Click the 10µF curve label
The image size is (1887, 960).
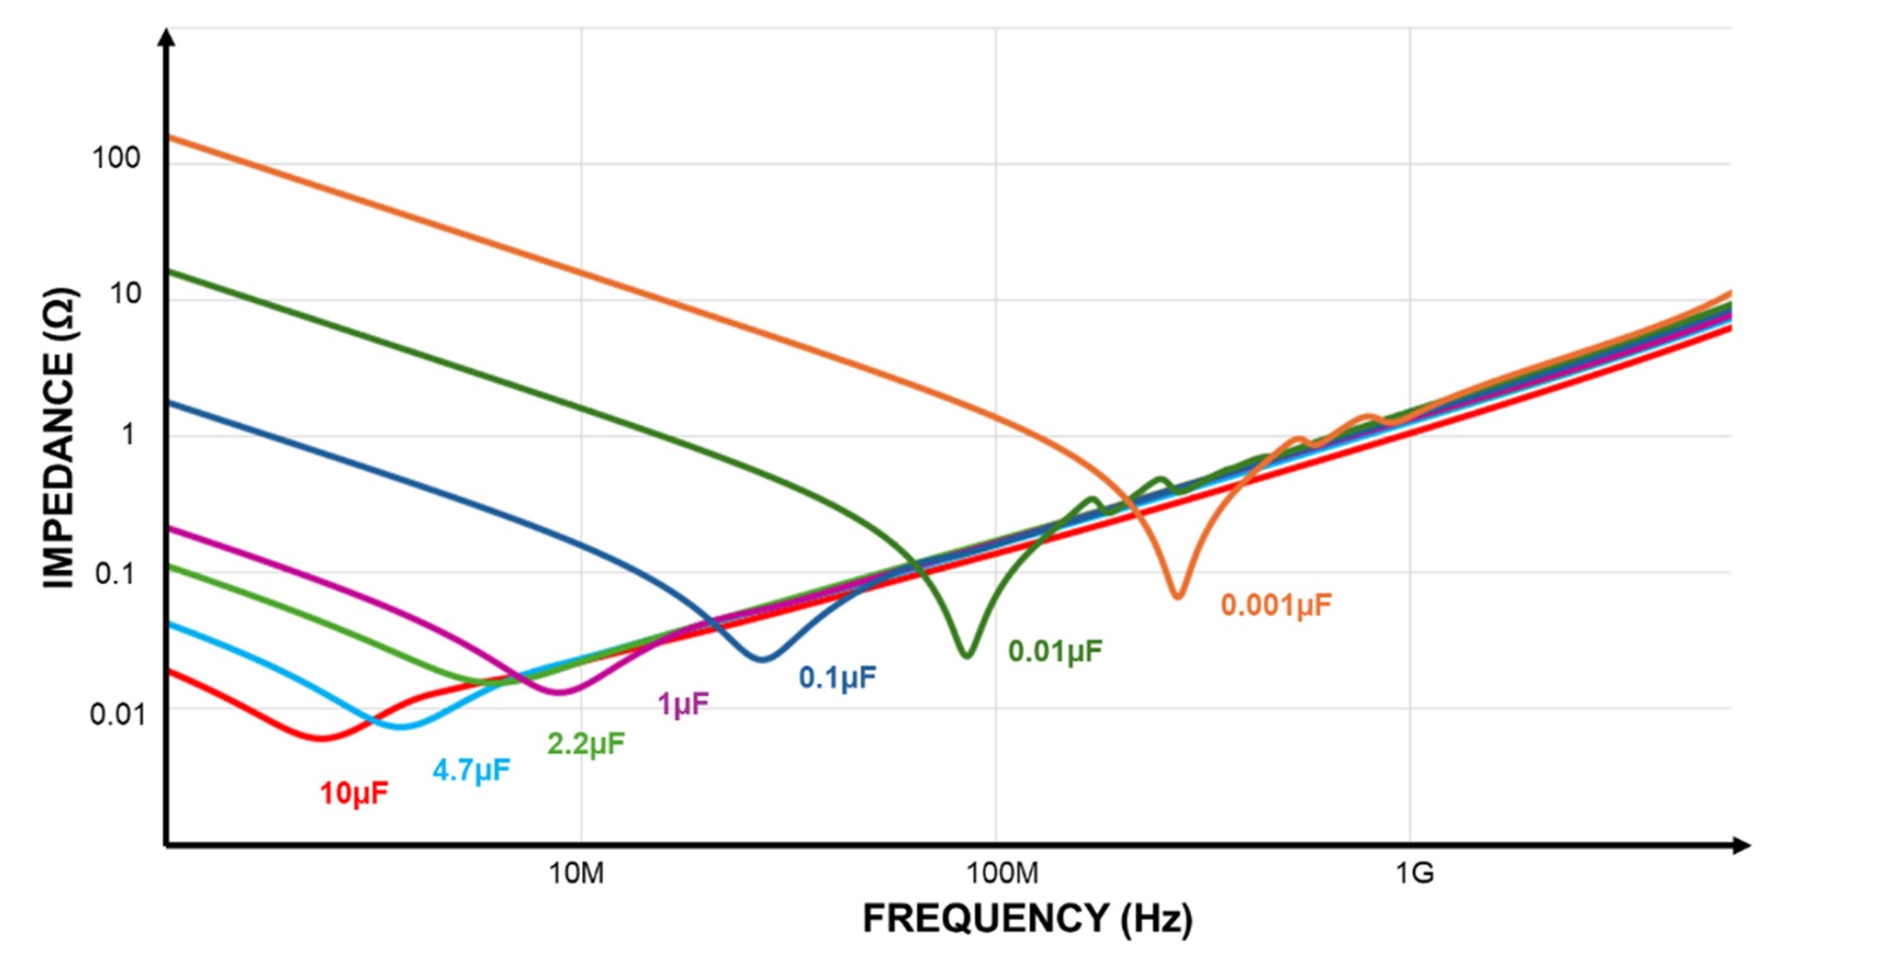coord(354,793)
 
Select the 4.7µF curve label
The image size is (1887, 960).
coord(471,769)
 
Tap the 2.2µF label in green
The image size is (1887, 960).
coord(586,743)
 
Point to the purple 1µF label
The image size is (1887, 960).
coord(683,704)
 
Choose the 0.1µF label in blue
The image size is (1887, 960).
coord(837,677)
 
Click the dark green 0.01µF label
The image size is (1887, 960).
coord(1056,650)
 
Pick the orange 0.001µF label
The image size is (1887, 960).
coord(1276,604)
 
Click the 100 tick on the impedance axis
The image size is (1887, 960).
coord(116,157)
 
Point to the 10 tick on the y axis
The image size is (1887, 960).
coord(125,293)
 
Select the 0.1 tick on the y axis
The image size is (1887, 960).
coord(116,574)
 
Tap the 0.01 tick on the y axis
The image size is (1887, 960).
coord(117,714)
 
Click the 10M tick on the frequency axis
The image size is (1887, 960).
coord(576,872)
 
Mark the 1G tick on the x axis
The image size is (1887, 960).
coord(1414,872)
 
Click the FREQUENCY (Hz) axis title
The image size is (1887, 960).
coord(1027,918)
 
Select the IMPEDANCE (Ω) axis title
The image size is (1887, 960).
coord(59,437)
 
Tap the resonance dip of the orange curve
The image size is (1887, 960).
coord(1177,594)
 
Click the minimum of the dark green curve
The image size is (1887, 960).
coord(967,654)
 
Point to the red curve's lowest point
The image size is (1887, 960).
coord(321,737)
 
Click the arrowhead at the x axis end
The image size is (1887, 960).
coord(1742,845)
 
